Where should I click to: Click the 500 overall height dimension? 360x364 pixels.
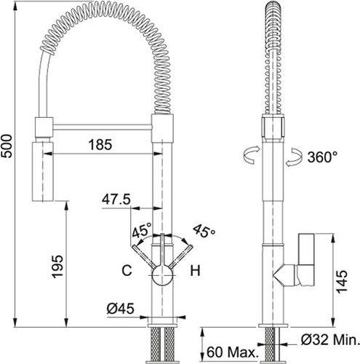[7, 146]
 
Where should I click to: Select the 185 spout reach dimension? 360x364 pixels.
[100, 145]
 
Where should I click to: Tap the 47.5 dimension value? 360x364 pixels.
[116, 199]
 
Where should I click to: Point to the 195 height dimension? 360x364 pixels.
[57, 266]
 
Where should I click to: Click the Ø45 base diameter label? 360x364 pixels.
[121, 309]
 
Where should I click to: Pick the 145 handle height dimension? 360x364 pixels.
[342, 282]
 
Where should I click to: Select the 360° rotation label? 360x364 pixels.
[322, 157]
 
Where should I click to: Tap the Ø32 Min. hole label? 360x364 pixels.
[330, 340]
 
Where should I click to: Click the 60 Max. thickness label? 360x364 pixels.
[232, 352]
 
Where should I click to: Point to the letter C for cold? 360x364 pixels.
[127, 270]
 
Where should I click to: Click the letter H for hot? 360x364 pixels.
[195, 270]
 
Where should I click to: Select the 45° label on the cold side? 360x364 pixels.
[142, 229]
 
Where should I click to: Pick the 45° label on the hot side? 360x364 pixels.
[204, 231]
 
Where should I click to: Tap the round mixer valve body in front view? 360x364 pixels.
[162, 275]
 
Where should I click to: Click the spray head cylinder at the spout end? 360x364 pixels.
[43, 172]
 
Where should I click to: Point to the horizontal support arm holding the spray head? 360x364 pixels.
[103, 127]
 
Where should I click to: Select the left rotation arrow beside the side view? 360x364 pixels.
[251, 155]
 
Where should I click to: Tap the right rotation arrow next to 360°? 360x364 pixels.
[294, 157]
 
